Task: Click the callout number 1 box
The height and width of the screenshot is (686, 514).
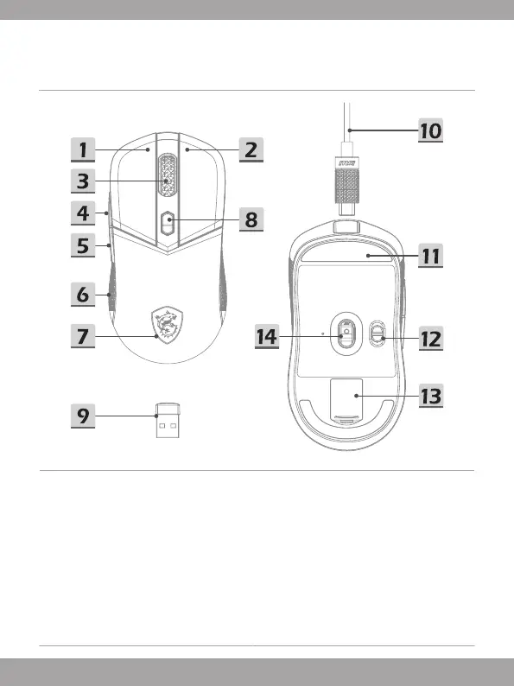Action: click(83, 150)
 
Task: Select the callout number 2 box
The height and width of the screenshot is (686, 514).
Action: click(251, 150)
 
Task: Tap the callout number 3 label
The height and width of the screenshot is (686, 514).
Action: click(83, 181)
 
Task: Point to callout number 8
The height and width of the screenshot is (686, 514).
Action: click(251, 219)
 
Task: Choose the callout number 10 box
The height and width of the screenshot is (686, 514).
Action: click(431, 130)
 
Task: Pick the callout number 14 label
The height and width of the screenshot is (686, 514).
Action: click(267, 337)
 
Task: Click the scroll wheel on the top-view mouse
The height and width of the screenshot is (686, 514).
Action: click(167, 176)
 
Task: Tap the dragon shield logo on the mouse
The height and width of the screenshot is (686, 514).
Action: click(167, 325)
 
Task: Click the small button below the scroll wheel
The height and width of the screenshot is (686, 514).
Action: click(168, 223)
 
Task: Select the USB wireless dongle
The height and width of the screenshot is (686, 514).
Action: click(168, 420)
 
